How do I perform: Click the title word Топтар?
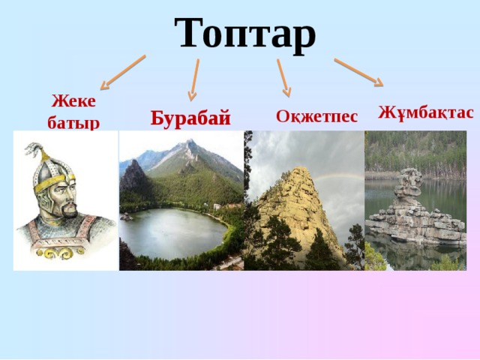tap(245, 31)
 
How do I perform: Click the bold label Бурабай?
tap(190, 118)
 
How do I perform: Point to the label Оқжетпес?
tap(316, 116)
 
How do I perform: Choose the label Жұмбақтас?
tap(425, 112)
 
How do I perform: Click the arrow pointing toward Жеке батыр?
tap(123, 72)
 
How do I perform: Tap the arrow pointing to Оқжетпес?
tap(283, 77)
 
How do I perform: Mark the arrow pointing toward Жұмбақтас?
tap(358, 71)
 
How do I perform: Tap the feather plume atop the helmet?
tap(34, 151)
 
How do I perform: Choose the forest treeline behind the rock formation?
tap(416, 154)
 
